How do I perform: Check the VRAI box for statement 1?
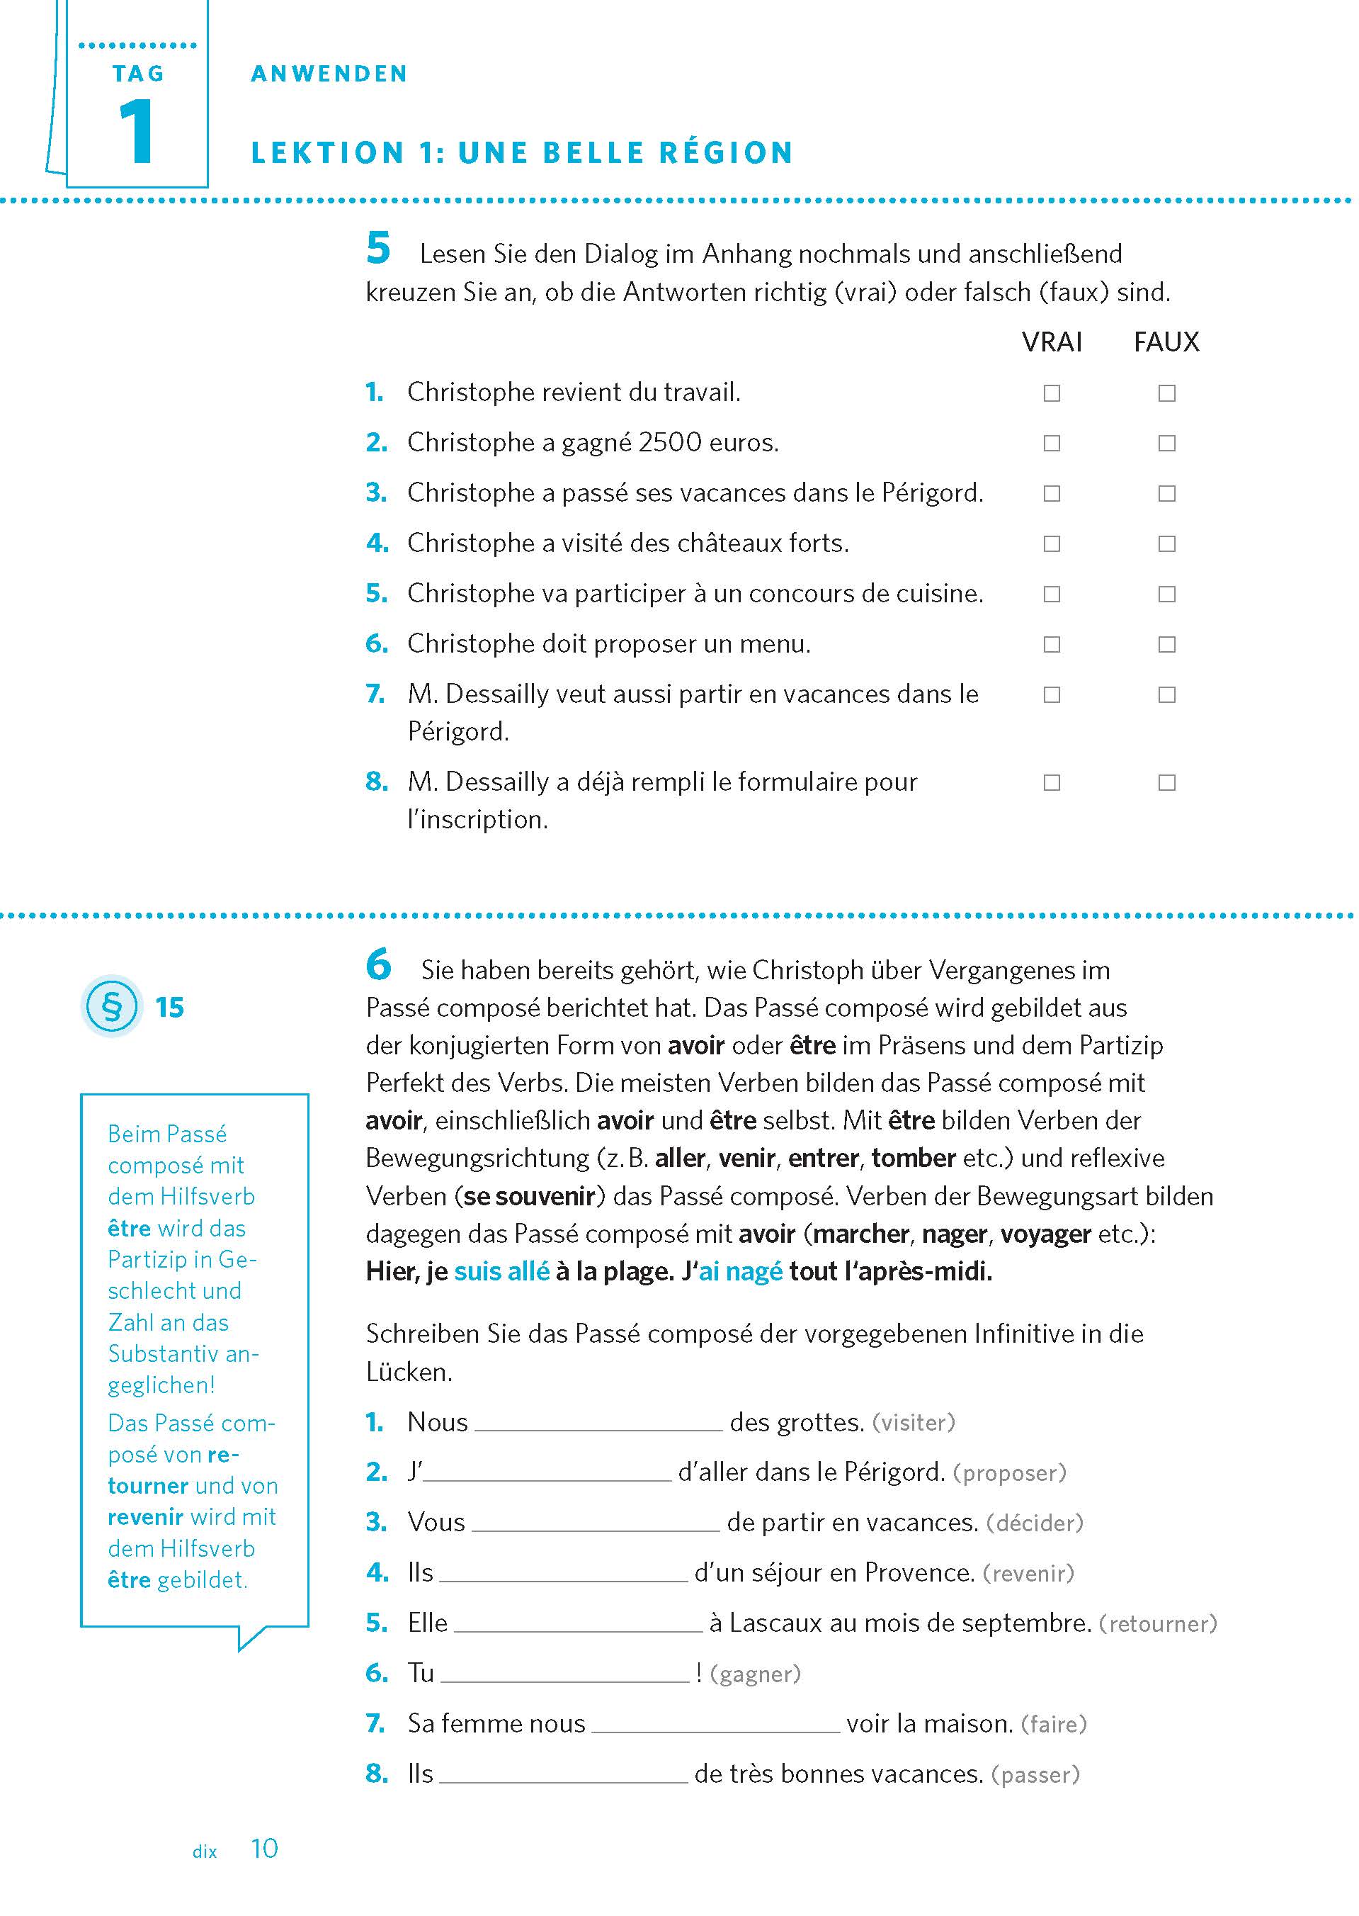(x=1051, y=393)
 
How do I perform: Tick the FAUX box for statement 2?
(x=1166, y=443)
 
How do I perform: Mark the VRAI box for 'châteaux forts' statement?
(x=1051, y=543)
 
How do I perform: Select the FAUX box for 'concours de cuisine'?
(x=1166, y=594)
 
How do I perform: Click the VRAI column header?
(x=1051, y=342)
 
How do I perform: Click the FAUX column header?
(x=1166, y=342)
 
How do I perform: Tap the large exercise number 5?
(x=378, y=249)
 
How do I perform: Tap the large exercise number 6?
(x=378, y=964)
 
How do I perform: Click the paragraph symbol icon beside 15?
(x=111, y=1006)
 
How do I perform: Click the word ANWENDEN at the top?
(x=329, y=74)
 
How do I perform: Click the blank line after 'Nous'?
(x=598, y=1423)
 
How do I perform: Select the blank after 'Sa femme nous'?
(x=715, y=1724)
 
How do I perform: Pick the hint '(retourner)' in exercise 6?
(x=1157, y=1624)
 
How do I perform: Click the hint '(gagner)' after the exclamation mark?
(x=755, y=1674)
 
